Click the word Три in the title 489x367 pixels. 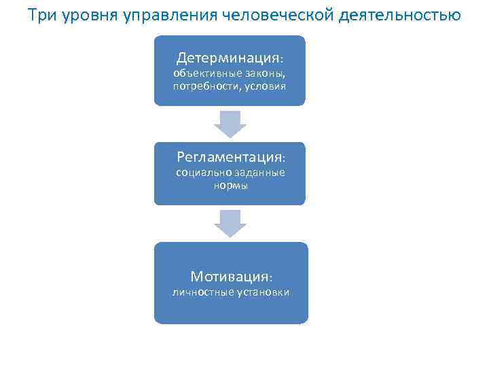click(41, 15)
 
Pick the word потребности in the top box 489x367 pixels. click(202, 86)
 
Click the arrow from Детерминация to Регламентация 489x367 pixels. click(230, 124)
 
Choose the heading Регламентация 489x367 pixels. click(228, 157)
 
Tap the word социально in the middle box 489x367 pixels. click(200, 173)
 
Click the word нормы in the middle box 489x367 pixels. click(230, 185)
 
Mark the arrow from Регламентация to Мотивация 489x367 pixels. click(230, 223)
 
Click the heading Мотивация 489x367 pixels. click(228, 277)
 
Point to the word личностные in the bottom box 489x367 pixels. click(203, 292)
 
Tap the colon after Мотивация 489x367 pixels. click(270, 278)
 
